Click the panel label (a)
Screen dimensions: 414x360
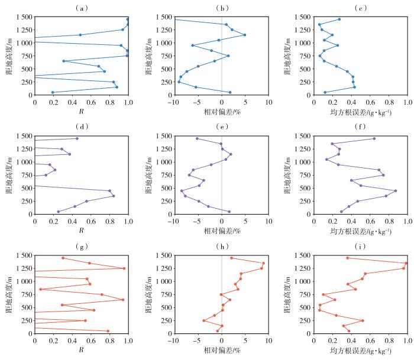tap(82, 8)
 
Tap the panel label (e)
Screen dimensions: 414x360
tap(222, 127)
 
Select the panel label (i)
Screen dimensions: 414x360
tap(360, 247)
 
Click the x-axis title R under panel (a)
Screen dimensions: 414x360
tap(82, 111)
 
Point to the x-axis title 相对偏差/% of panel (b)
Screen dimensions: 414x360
tap(222, 112)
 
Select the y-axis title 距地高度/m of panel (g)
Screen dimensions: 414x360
tap(9, 294)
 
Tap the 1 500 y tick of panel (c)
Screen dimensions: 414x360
tap(303, 17)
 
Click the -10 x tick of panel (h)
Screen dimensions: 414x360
tap(173, 340)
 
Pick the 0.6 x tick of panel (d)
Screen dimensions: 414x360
tap(91, 222)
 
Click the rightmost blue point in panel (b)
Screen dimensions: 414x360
tap(244, 35)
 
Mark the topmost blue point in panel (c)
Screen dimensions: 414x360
tap(339, 20)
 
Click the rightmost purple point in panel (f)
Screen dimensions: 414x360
tap(396, 190)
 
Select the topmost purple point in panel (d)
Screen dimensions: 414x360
tap(77, 138)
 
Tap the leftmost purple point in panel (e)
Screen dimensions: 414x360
tap(182, 190)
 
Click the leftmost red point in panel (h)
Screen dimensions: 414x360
tap(204, 320)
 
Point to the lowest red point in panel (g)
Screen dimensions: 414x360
tap(108, 331)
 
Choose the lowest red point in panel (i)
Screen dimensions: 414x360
tap(349, 331)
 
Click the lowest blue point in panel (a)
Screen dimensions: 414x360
tap(53, 92)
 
